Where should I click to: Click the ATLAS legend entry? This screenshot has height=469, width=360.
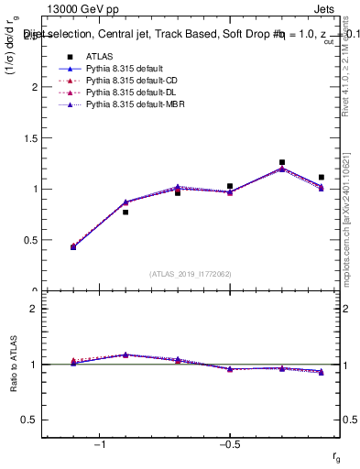99,56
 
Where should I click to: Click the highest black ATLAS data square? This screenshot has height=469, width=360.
282,162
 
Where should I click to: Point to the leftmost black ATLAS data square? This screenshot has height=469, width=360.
73,247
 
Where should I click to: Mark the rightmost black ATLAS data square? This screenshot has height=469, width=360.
322,177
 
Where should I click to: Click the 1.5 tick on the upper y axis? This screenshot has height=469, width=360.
32,138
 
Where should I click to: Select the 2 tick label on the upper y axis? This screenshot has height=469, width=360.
36,87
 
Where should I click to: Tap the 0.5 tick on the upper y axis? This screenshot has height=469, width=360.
32,240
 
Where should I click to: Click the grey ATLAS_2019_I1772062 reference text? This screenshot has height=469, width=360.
191,273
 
